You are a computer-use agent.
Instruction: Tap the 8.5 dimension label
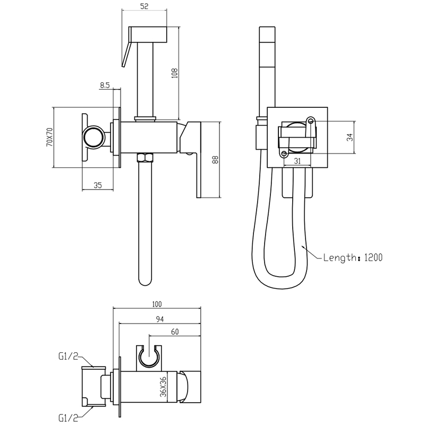[x=104, y=84]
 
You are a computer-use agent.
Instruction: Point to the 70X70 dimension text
[x=49, y=137]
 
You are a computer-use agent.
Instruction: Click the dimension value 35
[x=97, y=185]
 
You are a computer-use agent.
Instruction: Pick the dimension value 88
[x=215, y=160]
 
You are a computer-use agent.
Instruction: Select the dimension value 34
[x=349, y=137]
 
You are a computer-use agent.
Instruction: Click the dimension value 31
[x=297, y=161]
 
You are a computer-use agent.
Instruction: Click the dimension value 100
[x=156, y=304]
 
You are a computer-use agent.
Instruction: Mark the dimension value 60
[x=174, y=332]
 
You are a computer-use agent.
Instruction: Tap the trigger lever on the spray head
[x=126, y=55]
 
